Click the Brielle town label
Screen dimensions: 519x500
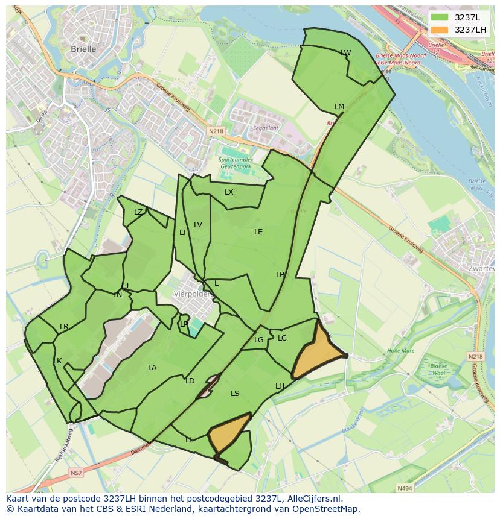coord(83,49)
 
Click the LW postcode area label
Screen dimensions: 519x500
coord(345,53)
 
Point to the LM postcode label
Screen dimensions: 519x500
coord(339,107)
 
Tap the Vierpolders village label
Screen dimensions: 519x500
coord(191,294)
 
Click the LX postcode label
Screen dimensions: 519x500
coord(229,192)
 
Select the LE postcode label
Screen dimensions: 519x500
coord(258,231)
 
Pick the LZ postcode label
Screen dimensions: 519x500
coord(138,212)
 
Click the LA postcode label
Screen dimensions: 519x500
coord(152,368)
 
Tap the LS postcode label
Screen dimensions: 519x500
coord(235,394)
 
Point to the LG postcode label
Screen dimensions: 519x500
coord(259,340)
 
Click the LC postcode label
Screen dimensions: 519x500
coord(282,338)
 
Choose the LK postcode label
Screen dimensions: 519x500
coord(57,361)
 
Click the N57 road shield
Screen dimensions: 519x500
coord(75,473)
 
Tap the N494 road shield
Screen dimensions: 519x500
coord(405,488)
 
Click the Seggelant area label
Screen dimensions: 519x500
coord(266,128)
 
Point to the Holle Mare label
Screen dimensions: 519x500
coord(401,350)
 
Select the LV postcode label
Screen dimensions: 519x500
coord(198,225)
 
